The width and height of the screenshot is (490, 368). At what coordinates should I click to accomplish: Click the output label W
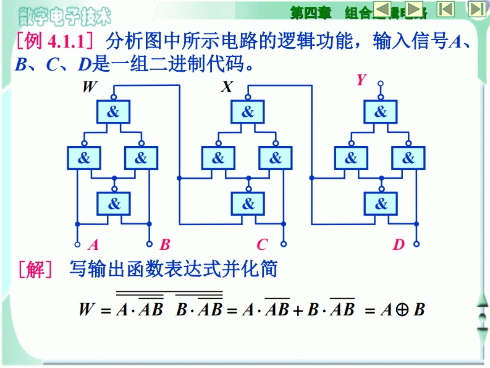coord(90,87)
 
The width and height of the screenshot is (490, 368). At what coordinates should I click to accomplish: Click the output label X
coord(227,87)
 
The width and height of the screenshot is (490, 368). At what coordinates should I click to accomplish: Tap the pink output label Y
coord(361,80)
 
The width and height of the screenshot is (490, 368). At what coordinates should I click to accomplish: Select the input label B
coord(165,245)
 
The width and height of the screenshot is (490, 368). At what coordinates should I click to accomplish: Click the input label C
coord(263,245)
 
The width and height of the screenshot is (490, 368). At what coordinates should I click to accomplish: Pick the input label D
coord(399,245)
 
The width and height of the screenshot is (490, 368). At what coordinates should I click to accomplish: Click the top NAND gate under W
coord(114,112)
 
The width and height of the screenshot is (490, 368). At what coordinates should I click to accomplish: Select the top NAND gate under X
coord(247,112)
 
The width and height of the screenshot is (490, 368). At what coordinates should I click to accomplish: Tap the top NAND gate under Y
coord(380,112)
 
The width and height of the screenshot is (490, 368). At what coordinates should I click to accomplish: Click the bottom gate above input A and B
coord(114,203)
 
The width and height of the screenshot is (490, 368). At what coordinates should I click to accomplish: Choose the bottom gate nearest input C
coord(247,203)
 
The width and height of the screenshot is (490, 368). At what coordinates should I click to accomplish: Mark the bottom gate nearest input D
coord(381,203)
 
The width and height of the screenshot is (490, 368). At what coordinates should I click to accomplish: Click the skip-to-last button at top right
coord(476,9)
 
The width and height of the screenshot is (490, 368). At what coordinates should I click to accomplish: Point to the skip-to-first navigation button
coord(446,9)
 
